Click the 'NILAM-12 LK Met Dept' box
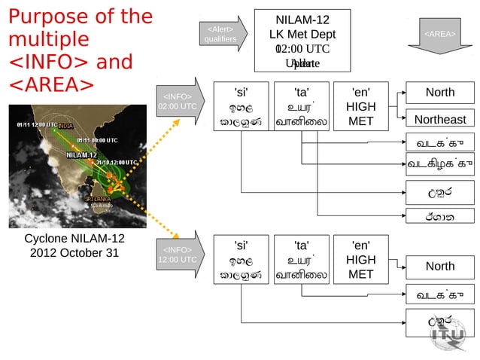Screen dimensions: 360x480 coord(302,41)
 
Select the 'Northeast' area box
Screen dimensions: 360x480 coord(440,119)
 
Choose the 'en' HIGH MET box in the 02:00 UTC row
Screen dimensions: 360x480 coord(360,107)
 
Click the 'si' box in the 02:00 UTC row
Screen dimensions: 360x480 coord(241,107)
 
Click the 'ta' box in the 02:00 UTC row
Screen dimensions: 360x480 coord(301,107)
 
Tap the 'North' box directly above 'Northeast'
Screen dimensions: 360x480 coord(440,93)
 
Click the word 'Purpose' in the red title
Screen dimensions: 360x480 coord(52,17)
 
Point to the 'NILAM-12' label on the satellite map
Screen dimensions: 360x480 coord(81,154)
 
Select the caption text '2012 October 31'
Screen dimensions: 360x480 coord(74,253)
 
